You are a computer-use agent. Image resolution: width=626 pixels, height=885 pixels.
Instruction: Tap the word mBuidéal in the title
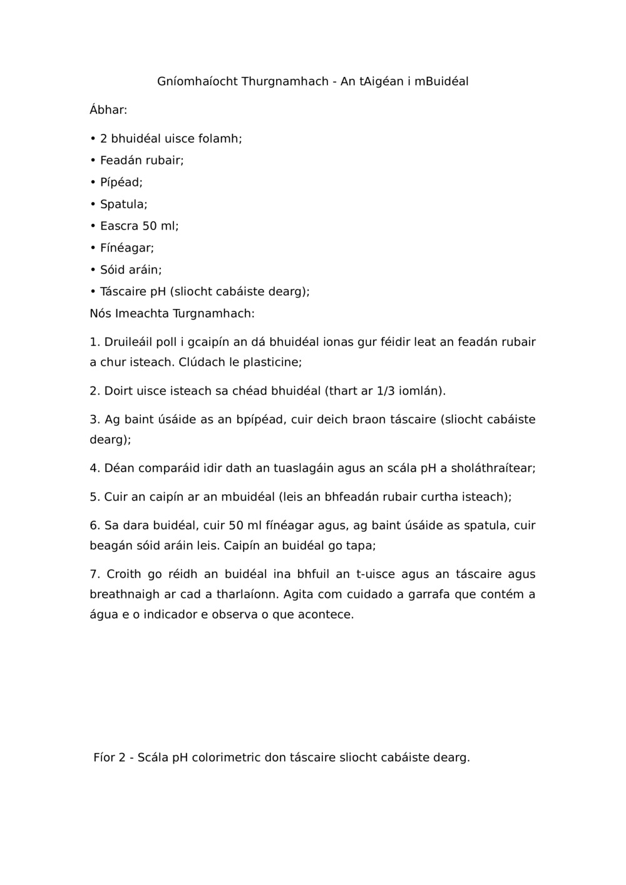[442, 82]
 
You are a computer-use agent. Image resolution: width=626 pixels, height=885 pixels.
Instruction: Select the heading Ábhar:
[108, 110]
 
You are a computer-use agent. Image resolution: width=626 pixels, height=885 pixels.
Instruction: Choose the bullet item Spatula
[123, 205]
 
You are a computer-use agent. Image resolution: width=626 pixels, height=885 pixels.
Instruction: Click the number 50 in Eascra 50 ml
[150, 226]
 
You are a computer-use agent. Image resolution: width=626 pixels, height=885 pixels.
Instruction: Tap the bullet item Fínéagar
[126, 248]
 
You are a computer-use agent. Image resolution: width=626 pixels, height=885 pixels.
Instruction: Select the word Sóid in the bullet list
[113, 270]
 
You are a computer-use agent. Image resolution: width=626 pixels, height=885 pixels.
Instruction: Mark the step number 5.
[95, 497]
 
